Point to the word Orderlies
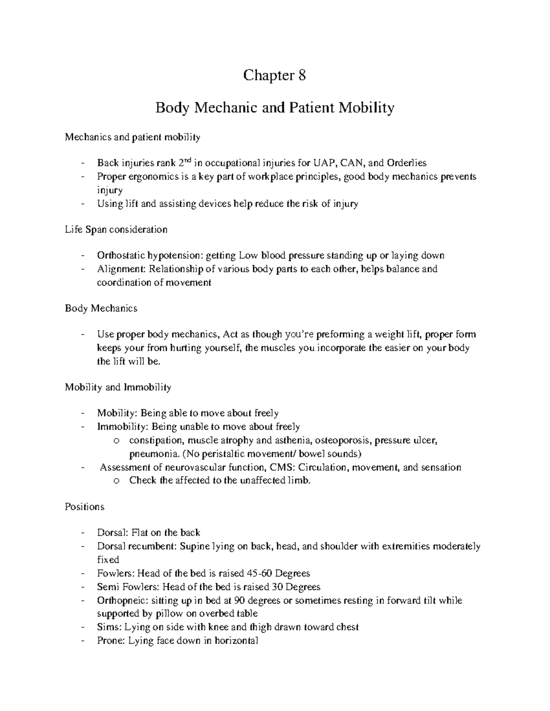(x=407, y=163)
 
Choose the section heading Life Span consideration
(x=116, y=229)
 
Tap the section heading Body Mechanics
(x=101, y=308)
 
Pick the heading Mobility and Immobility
(x=118, y=387)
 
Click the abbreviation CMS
(x=280, y=467)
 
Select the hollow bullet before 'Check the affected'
(x=116, y=481)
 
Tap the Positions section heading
(x=84, y=507)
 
